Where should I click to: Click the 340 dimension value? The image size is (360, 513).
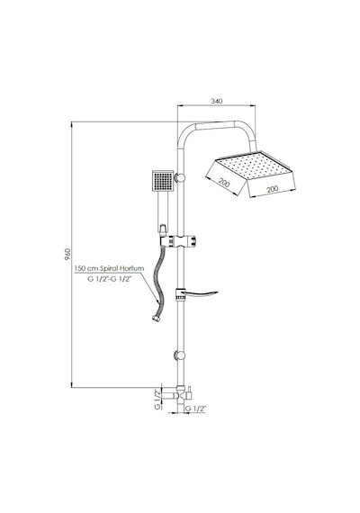[x=217, y=101]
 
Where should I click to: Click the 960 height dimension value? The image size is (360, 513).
[x=67, y=254]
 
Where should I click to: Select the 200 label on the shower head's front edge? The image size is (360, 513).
[x=273, y=189]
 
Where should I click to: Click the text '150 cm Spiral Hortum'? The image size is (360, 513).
[x=109, y=268]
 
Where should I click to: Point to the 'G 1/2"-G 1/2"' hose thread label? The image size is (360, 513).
[x=109, y=279]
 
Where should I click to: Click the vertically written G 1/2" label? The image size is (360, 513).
[x=157, y=400]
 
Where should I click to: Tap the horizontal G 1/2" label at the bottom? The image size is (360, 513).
[x=195, y=409]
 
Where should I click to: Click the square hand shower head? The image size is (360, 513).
[x=163, y=181]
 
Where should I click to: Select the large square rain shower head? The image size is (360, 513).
[x=250, y=174]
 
